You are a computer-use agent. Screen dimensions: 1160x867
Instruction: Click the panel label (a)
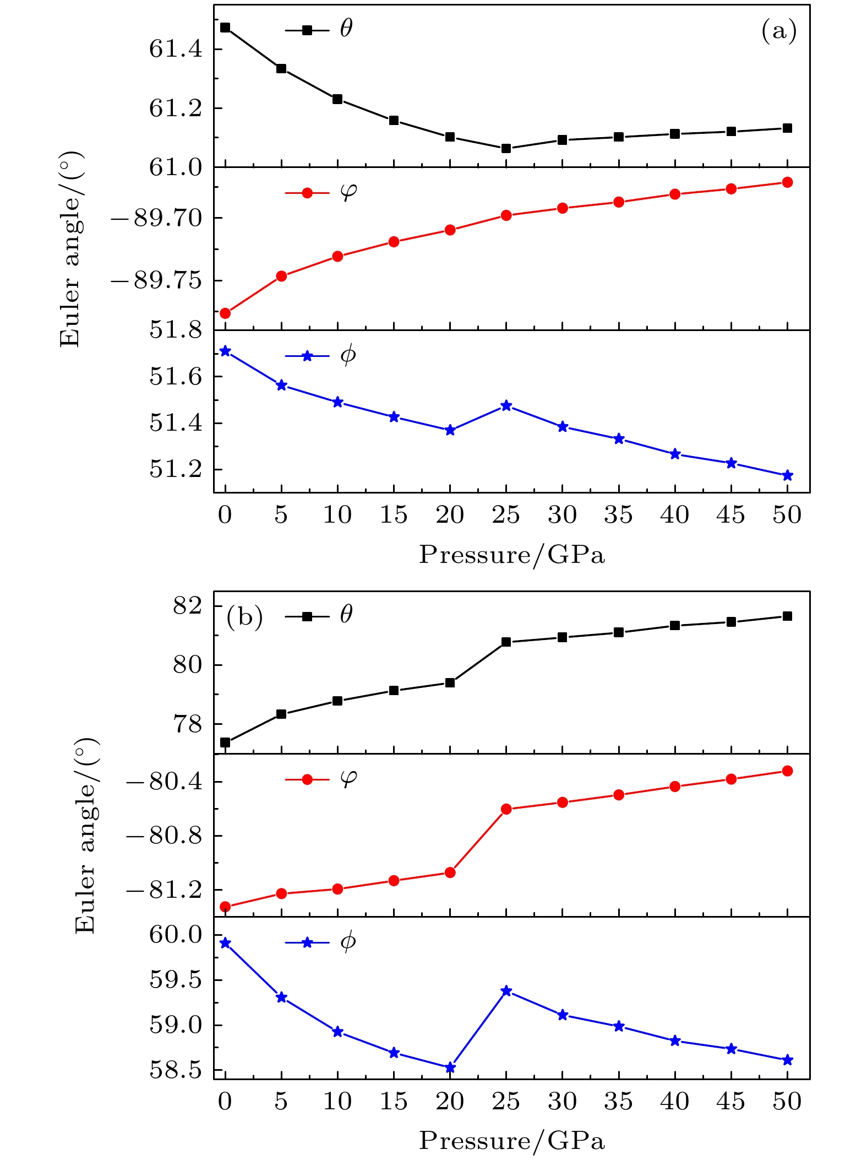[x=779, y=31]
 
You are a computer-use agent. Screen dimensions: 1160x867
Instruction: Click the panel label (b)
[x=244, y=617]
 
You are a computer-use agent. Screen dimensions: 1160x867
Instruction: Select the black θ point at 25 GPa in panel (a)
[x=506, y=148]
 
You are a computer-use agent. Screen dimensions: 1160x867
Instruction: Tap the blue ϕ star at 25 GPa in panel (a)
[x=506, y=406]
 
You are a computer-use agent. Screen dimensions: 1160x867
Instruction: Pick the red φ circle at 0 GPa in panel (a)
[x=225, y=313]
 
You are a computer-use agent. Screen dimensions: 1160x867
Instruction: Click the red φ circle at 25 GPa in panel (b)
[x=506, y=809]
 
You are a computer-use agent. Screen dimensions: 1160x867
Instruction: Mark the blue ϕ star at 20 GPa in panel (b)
[x=450, y=1067]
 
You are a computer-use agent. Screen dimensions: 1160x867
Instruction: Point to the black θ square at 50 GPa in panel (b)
[x=787, y=616]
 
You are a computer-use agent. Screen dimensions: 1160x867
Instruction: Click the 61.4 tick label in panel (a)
[x=176, y=50]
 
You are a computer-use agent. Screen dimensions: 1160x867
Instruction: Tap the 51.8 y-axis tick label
[x=176, y=330]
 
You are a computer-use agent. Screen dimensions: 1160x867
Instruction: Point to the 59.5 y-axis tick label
[x=176, y=981]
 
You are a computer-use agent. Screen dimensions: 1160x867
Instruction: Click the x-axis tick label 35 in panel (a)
[x=618, y=516]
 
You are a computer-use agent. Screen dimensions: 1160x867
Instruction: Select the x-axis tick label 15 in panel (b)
[x=394, y=1102]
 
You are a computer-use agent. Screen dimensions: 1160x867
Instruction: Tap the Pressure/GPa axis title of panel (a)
[x=512, y=555]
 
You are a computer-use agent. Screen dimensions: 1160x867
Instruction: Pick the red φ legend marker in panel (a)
[x=307, y=193]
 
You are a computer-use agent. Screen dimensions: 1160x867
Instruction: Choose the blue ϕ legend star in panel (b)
[x=307, y=943]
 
